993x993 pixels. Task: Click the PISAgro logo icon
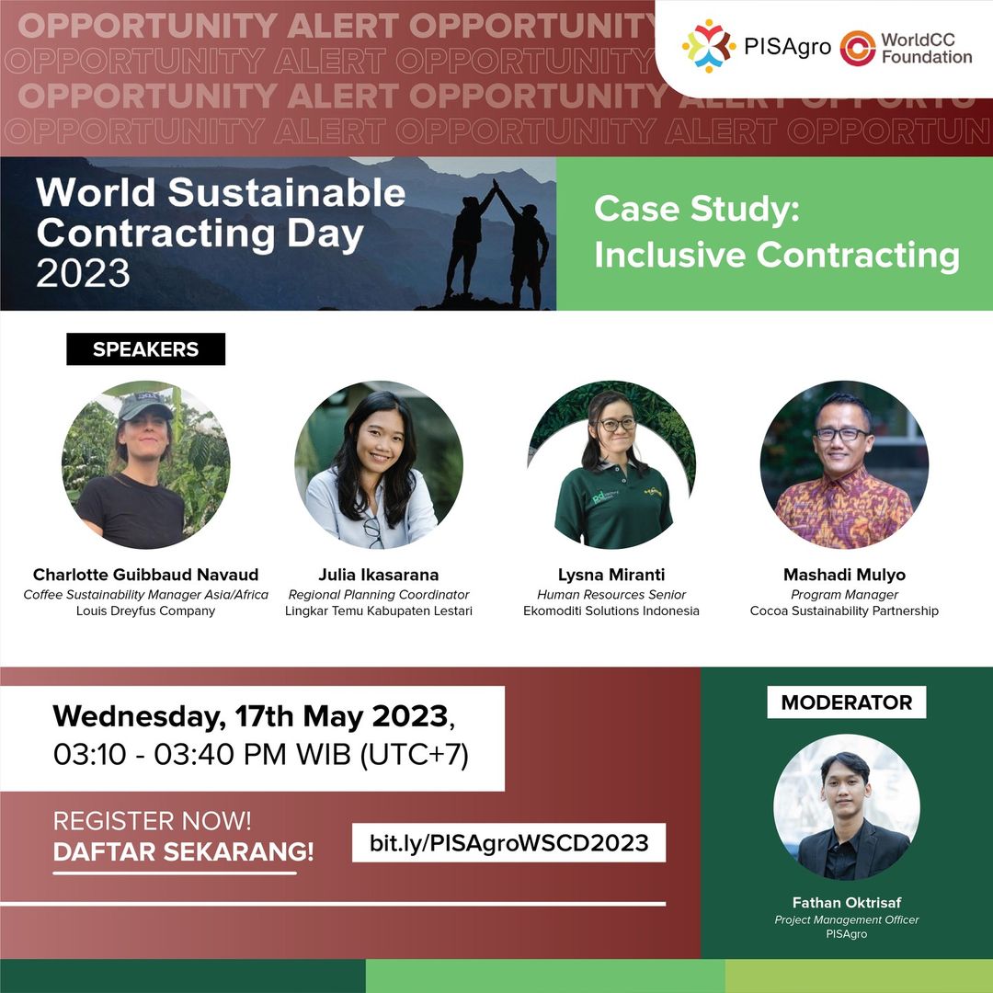point(708,45)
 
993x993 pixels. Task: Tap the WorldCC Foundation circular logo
point(857,48)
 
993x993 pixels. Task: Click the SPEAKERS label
point(145,349)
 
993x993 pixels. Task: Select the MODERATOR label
point(846,702)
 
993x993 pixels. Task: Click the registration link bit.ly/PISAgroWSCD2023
point(508,842)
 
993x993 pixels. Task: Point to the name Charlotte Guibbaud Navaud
point(146,575)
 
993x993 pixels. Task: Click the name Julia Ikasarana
point(379,575)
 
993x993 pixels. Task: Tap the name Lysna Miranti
point(611,575)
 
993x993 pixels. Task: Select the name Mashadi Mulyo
point(844,575)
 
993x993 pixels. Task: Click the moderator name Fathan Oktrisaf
point(846,902)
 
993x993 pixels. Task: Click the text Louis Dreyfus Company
point(146,611)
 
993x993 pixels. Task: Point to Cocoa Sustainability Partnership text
point(844,611)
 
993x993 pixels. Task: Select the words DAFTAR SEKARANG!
point(183,851)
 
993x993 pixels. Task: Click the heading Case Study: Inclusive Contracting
point(776,233)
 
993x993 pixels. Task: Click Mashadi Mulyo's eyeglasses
point(841,434)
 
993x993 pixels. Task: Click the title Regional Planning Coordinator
point(379,595)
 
